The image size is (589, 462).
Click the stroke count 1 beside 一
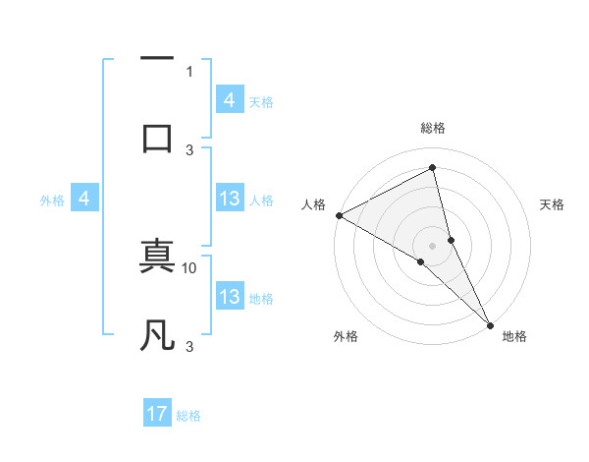[x=189, y=72]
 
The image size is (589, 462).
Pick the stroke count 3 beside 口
[x=189, y=149]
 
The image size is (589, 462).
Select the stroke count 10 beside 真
[x=189, y=267]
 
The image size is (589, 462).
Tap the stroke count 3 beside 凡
[x=189, y=346]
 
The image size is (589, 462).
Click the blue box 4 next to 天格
[x=230, y=99]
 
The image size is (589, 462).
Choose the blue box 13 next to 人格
[x=230, y=199]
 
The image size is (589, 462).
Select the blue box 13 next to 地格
[x=230, y=297]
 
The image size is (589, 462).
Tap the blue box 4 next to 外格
[x=84, y=200]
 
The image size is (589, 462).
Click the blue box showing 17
[x=157, y=414]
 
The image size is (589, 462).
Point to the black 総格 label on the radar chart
[x=433, y=128]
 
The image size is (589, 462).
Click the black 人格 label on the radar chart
[x=314, y=204]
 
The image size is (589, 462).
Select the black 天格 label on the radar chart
[x=553, y=204]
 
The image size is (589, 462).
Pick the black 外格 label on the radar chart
[x=346, y=337]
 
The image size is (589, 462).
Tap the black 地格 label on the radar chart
[x=514, y=337]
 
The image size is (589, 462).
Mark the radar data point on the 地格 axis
[x=491, y=323]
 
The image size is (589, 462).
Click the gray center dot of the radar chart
[x=433, y=245]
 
